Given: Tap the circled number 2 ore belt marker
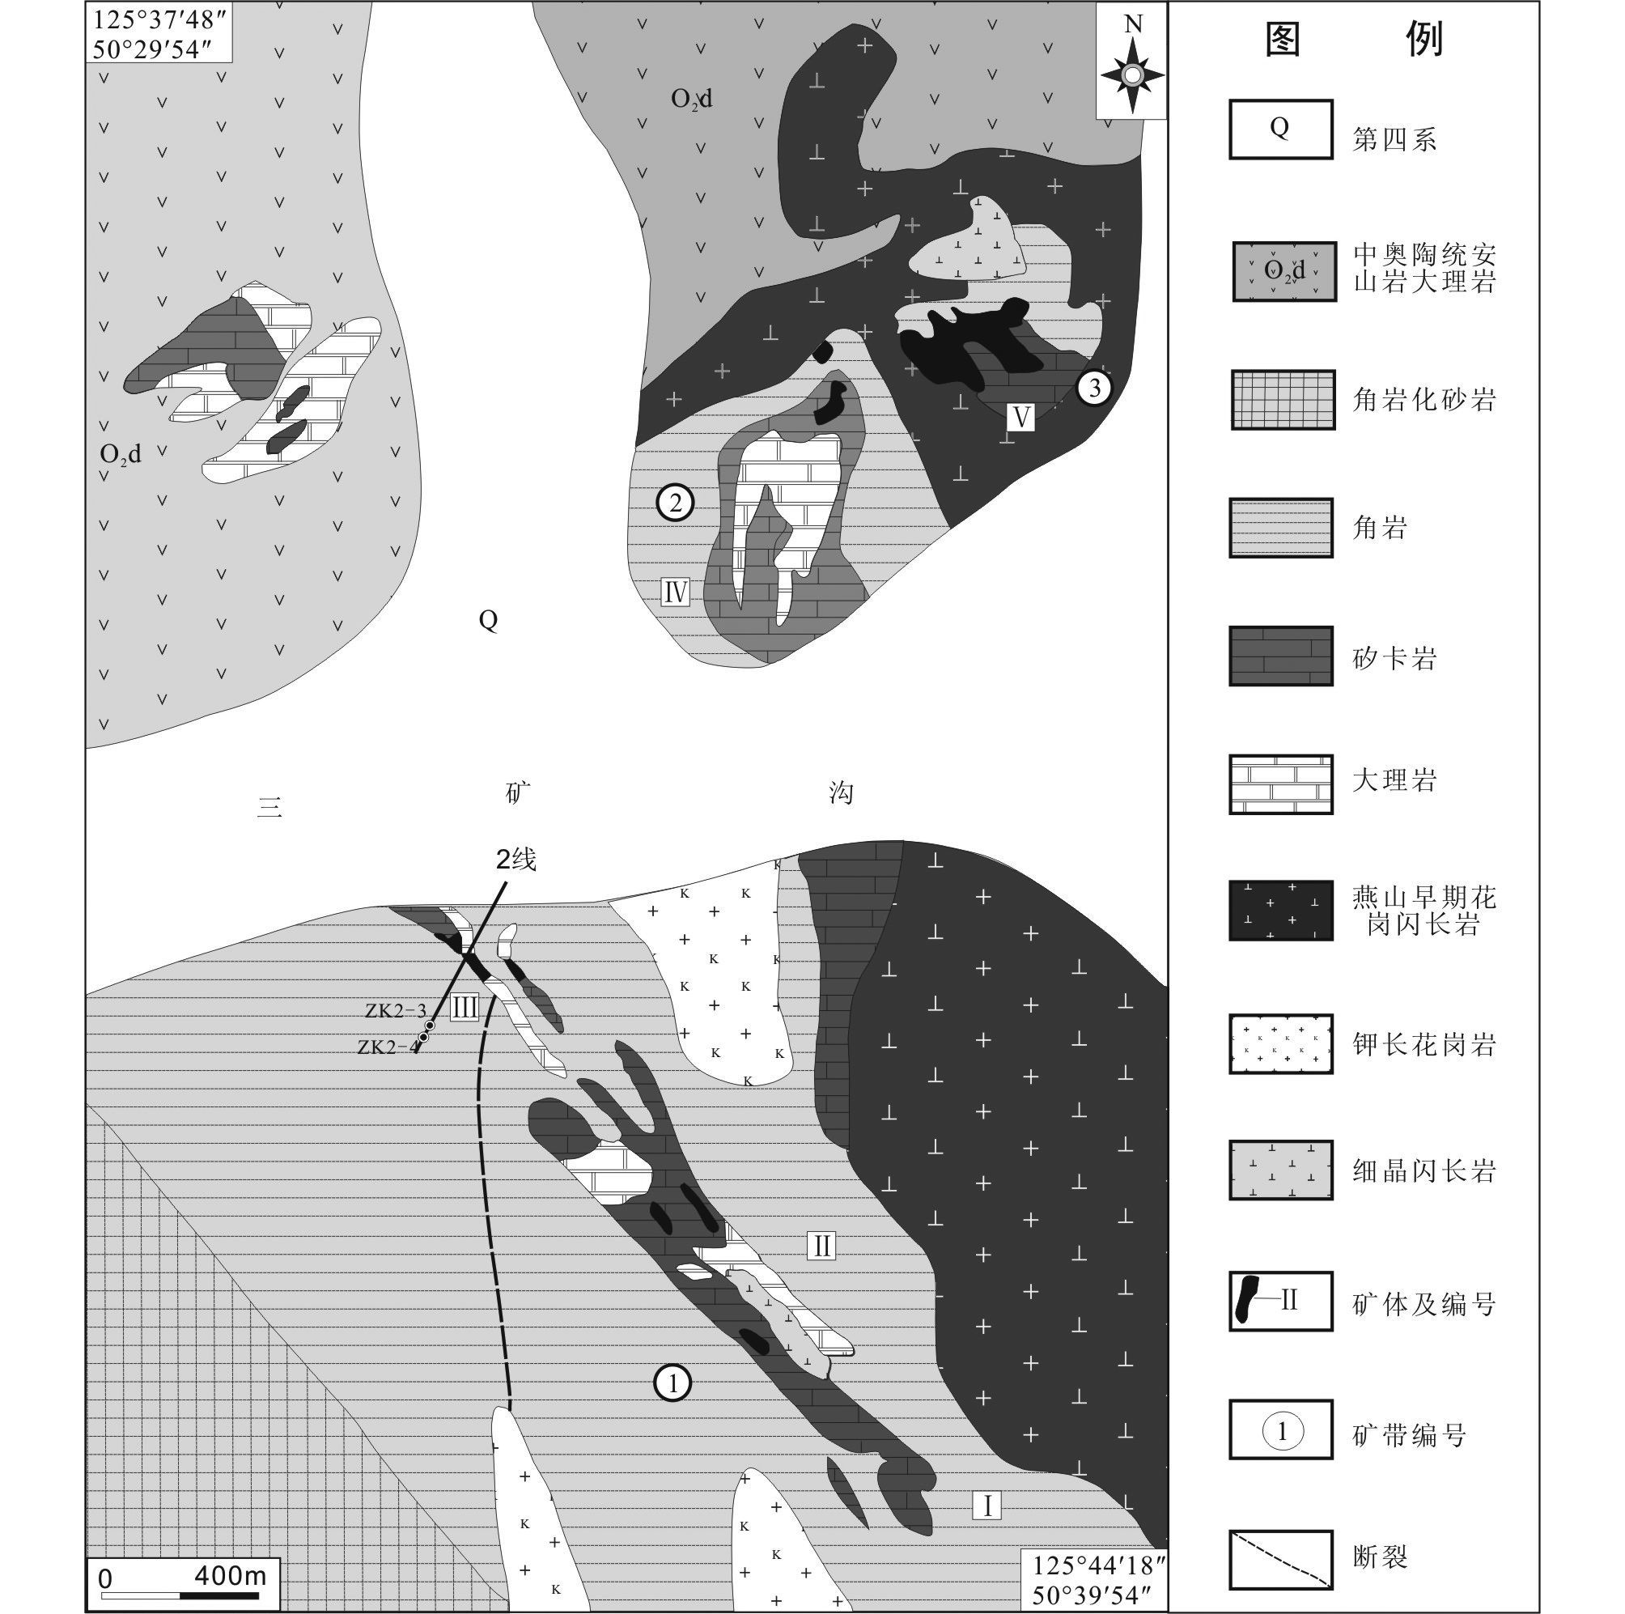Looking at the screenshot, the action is [675, 503].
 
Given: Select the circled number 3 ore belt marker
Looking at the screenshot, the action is [1094, 388].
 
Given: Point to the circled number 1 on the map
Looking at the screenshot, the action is [672, 1382].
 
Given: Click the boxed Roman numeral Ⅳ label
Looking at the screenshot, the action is [676, 593].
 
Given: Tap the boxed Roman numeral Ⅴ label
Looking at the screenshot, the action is [1020, 417].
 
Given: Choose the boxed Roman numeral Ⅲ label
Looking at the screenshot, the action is [465, 1007].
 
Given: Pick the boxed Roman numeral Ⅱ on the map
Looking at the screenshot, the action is [821, 1245].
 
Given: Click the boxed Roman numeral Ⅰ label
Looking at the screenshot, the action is [986, 1504].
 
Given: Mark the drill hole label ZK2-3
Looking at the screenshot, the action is [395, 1011].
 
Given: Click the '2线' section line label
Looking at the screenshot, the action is [516, 860].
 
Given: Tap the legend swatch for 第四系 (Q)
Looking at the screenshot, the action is [1281, 130].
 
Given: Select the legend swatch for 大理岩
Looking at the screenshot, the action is [1281, 784].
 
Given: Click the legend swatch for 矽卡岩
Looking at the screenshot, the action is [1281, 656].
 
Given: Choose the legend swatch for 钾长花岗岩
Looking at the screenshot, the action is [1281, 1044].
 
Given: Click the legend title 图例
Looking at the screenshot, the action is [1355, 39].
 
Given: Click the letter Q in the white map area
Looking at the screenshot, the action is [488, 621].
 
